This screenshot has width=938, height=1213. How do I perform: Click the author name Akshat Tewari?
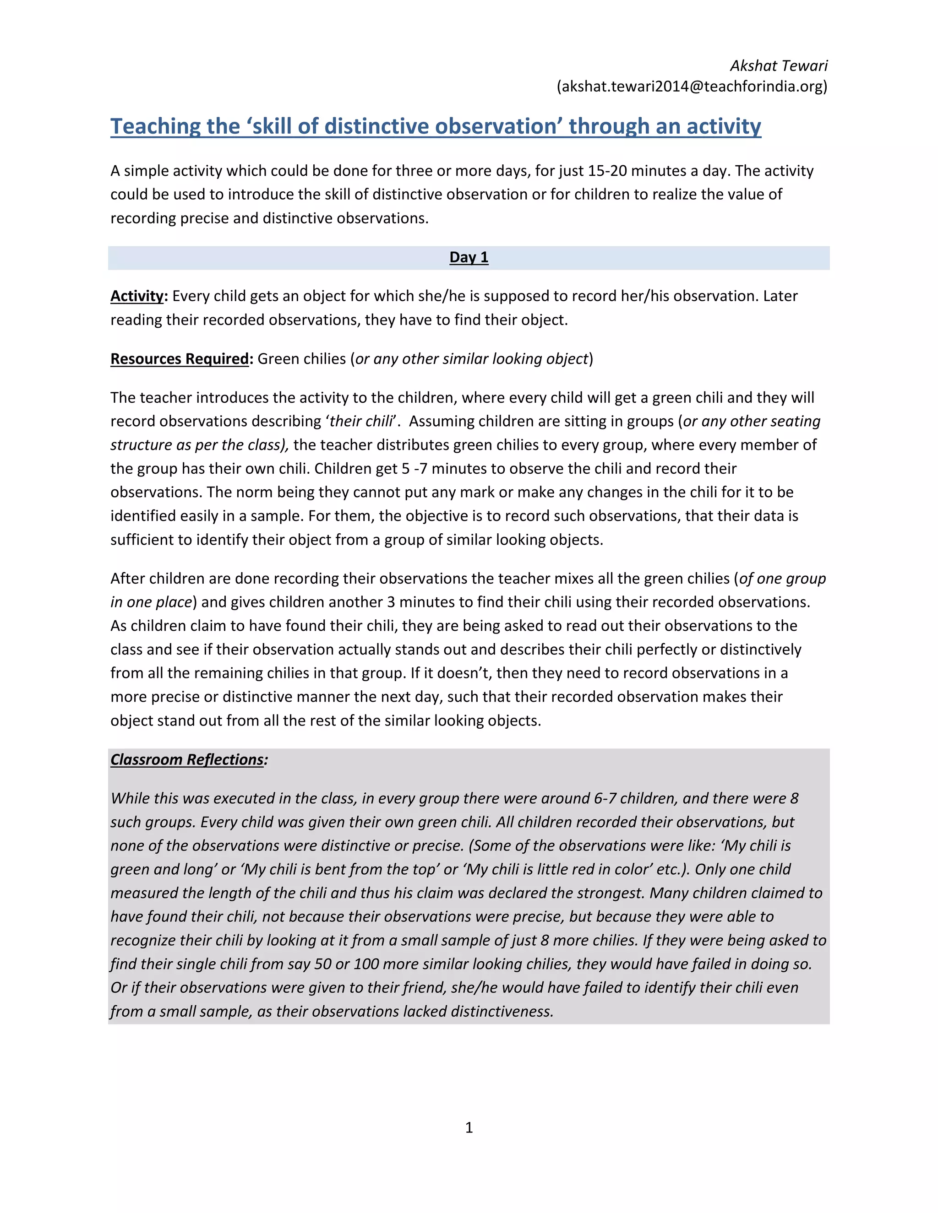click(x=778, y=66)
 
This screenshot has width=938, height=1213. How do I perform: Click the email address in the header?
click(x=692, y=87)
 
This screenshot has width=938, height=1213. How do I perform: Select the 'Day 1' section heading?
click(x=469, y=258)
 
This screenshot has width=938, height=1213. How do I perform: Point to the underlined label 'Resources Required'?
click(x=179, y=359)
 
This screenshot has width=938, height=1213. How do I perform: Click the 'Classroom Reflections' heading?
click(x=187, y=760)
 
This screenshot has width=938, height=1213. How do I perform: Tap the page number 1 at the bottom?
click(x=469, y=1127)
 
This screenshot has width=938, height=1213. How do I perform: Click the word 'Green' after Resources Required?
click(x=278, y=359)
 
